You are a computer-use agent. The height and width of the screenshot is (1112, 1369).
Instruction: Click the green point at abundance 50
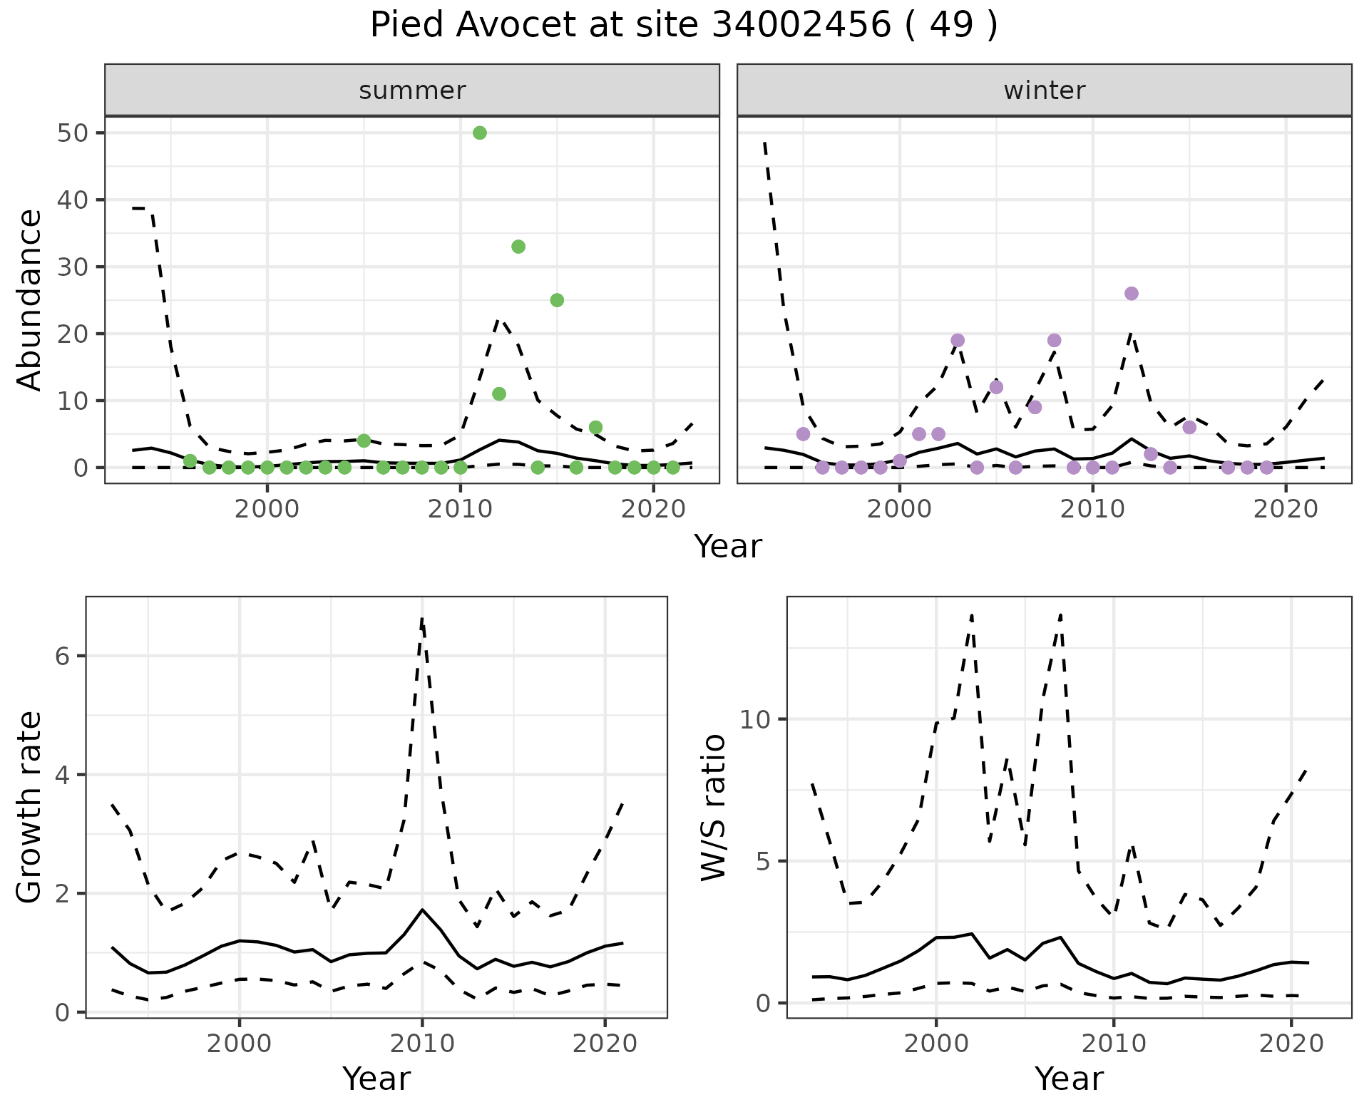(480, 133)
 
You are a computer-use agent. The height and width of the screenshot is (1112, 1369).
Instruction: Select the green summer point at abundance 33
(518, 247)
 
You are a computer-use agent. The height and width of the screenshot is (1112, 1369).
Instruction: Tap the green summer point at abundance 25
(557, 300)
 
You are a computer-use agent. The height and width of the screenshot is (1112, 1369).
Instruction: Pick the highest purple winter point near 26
(1131, 294)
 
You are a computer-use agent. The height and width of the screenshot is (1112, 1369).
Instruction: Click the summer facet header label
(412, 91)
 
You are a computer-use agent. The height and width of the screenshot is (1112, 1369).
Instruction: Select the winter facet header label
(1044, 91)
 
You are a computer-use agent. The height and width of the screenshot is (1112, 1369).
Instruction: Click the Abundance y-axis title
(30, 299)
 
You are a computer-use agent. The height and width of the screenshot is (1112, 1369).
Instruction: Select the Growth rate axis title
(30, 808)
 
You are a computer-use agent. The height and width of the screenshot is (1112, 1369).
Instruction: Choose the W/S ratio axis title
(714, 808)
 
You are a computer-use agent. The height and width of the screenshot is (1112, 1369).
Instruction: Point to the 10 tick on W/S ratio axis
(756, 719)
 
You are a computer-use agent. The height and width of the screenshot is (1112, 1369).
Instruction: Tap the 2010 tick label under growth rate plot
(422, 1044)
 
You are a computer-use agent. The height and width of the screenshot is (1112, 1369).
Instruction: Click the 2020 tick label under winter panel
(1286, 510)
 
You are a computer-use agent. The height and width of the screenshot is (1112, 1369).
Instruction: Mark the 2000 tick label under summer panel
(267, 510)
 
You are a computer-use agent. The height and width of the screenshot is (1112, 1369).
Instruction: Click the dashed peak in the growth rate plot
(422, 619)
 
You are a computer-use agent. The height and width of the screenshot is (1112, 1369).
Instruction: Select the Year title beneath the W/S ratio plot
(1069, 1078)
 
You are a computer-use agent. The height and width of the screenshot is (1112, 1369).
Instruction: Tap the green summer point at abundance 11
(499, 394)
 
